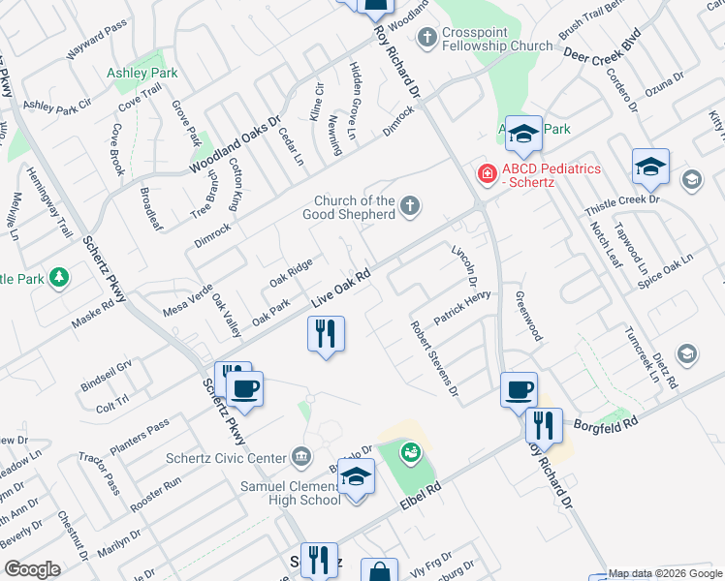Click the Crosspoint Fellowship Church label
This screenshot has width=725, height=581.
tap(496, 38)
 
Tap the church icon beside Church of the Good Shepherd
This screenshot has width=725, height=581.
tap(411, 204)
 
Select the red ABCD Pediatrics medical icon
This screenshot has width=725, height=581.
tap(487, 173)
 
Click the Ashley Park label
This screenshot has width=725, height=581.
tap(142, 73)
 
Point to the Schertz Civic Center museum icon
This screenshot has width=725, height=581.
tap(301, 457)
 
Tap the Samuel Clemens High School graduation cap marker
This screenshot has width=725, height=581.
tap(357, 476)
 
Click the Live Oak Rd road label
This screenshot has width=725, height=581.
tap(342, 289)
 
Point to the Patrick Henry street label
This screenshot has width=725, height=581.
tap(462, 306)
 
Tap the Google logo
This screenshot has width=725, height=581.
tap(32, 568)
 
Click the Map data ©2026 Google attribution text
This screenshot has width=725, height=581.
tap(664, 573)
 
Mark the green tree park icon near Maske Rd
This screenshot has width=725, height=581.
tap(59, 278)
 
